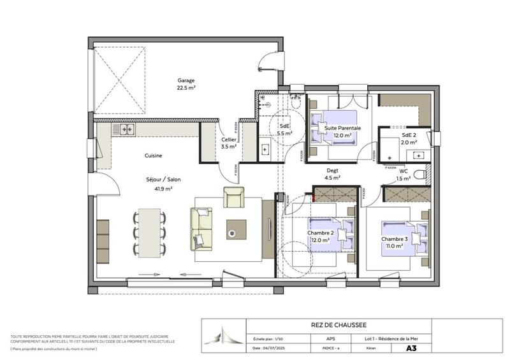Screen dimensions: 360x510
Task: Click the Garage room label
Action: click(x=186, y=81)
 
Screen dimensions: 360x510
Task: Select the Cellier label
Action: click(x=229, y=140)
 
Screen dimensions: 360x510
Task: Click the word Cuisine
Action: click(x=153, y=155)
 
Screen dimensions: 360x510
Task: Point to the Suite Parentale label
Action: click(x=343, y=128)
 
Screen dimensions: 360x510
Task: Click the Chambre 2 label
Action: click(x=320, y=233)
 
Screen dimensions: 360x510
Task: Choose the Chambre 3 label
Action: click(x=394, y=238)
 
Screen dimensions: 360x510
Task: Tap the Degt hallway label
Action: click(x=332, y=171)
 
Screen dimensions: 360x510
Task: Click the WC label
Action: click(x=404, y=171)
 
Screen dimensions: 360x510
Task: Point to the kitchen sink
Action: click(x=126, y=129)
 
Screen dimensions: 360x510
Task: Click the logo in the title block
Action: click(x=222, y=336)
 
